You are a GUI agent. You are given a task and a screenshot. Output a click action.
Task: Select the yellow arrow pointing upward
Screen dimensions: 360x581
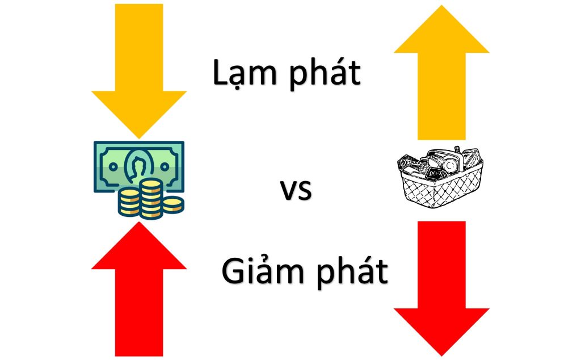tap(441, 74)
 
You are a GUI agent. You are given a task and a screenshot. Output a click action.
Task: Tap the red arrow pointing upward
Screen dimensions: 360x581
tap(138, 290)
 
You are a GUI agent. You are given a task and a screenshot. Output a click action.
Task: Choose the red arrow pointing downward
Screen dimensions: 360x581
tap(441, 284)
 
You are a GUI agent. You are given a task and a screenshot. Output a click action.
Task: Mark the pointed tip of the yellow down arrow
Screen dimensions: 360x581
tap(138, 136)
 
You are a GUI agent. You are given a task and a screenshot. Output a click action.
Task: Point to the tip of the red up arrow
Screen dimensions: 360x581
tap(138, 223)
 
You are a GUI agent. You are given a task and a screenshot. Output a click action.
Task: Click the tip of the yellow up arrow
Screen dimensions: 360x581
tap(441, 7)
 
